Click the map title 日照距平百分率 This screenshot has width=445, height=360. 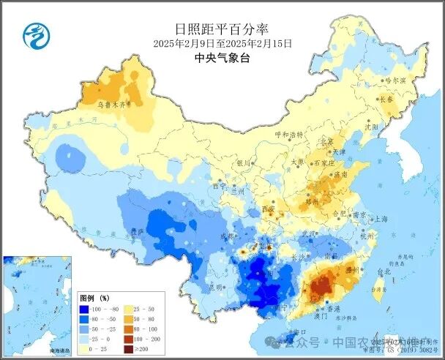[222, 29]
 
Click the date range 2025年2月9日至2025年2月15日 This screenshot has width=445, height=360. [222, 44]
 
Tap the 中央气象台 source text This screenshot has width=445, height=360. [222, 59]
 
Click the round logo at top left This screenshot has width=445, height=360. [34, 34]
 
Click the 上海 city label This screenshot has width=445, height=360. [380, 218]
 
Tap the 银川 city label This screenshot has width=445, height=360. [244, 163]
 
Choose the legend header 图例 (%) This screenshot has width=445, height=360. [94, 298]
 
